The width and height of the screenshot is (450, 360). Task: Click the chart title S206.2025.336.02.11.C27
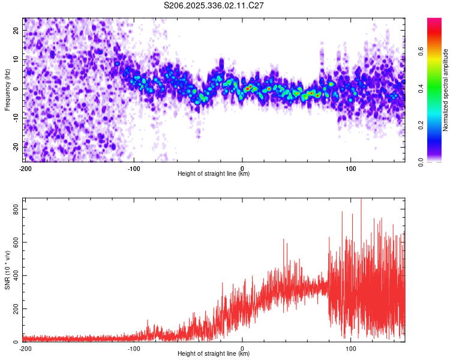pyautogui.click(x=214, y=5)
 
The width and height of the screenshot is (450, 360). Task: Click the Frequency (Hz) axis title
pyautogui.click(x=7, y=89)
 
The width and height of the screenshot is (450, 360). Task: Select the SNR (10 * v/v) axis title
pyautogui.click(x=7, y=269)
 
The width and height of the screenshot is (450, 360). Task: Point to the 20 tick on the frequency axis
pyautogui.click(x=16, y=30)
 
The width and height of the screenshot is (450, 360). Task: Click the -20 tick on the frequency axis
pyautogui.click(x=15, y=147)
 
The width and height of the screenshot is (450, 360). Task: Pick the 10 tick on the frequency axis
pyautogui.click(x=16, y=59)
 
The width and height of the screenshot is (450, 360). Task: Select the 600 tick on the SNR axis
pyautogui.click(x=14, y=242)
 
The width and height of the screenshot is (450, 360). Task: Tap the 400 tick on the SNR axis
pyautogui.click(x=14, y=275)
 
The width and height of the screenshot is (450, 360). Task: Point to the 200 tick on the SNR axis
pyautogui.click(x=14, y=308)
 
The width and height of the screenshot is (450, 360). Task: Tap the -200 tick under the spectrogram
pyautogui.click(x=25, y=168)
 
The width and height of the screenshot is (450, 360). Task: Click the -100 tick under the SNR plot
pyautogui.click(x=134, y=348)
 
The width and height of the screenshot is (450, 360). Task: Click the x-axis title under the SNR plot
pyautogui.click(x=214, y=354)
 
